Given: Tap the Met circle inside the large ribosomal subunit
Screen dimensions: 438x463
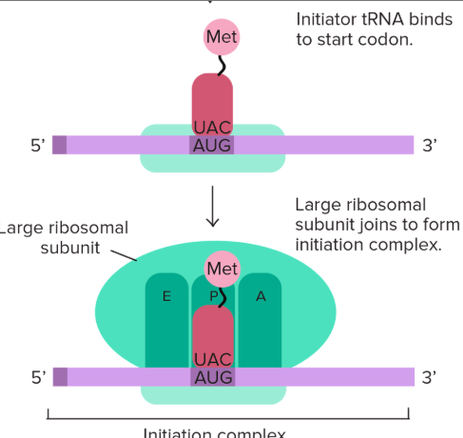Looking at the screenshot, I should pos(222,269).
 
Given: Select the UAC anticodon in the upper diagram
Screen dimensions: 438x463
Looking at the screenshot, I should pos(212,127).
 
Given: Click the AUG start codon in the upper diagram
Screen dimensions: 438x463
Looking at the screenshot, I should pos(212,145).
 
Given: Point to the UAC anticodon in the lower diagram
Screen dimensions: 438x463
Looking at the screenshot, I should pos(212,359).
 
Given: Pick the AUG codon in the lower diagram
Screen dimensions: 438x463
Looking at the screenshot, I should pos(212,376).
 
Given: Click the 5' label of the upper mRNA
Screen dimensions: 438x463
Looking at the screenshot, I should pos(37,146).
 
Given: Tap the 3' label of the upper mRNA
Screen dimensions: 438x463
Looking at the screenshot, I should pos(430,146).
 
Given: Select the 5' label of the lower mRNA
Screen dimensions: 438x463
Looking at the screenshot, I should pos(37,377).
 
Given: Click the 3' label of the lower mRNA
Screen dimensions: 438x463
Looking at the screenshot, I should pos(430,377).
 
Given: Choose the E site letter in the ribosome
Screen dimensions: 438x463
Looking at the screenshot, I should pos(166,296).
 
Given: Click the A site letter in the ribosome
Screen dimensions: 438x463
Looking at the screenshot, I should pos(260,296).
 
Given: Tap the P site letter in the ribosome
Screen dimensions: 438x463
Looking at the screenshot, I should pos(214,296).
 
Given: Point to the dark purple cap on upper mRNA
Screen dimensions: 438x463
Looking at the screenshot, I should pos(59,145).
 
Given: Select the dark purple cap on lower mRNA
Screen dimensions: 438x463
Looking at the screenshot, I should pos(59,376).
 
